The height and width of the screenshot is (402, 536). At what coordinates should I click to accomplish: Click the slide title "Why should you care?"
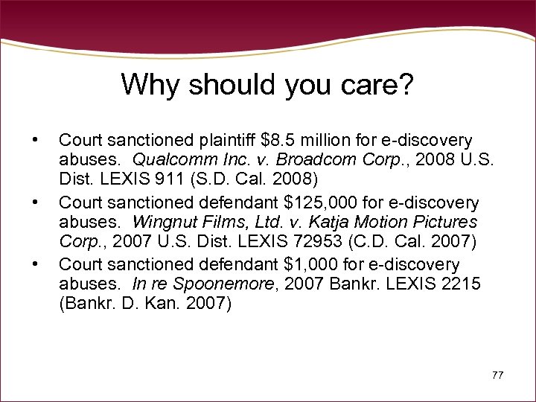267,84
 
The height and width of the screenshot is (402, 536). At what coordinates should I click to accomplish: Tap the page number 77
497,374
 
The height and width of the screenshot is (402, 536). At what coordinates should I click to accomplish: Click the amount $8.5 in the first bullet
281,140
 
